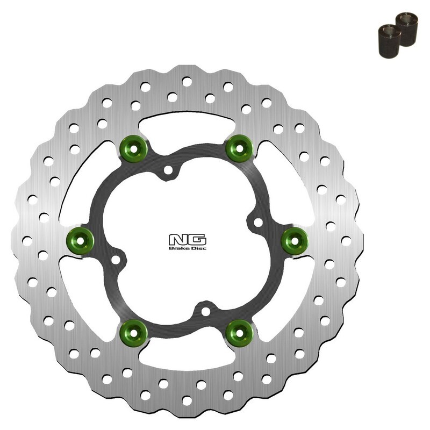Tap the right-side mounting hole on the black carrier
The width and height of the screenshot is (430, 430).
(x=257, y=221)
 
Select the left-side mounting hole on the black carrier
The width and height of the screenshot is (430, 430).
(x=114, y=261)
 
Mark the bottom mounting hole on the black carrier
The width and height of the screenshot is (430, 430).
(x=204, y=311)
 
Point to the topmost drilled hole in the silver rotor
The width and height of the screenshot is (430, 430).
(x=186, y=82)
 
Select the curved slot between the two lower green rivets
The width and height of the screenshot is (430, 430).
(x=185, y=359)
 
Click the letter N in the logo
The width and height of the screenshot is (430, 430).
(x=177, y=239)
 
